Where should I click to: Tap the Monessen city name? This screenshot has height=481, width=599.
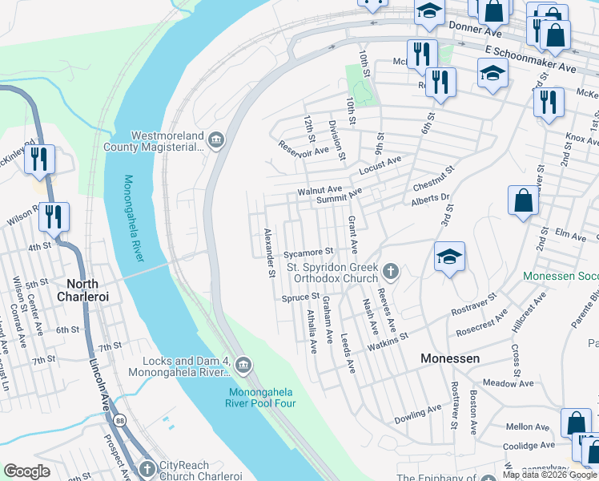click(x=450, y=358)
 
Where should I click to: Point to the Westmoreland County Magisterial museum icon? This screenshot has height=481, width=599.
click(x=216, y=142)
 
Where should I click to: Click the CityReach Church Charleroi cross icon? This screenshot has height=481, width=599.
click(x=147, y=468)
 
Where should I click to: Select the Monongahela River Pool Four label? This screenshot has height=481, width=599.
click(x=263, y=398)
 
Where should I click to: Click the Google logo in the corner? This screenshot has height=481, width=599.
click(x=27, y=471)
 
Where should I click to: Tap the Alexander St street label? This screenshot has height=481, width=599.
click(x=270, y=253)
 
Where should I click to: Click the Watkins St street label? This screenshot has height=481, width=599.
click(x=388, y=342)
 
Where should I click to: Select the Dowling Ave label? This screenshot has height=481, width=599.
click(x=418, y=414)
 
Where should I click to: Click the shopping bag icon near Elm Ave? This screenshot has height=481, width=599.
click(x=523, y=201)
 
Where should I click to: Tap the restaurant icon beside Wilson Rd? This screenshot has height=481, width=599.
click(x=54, y=216)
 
